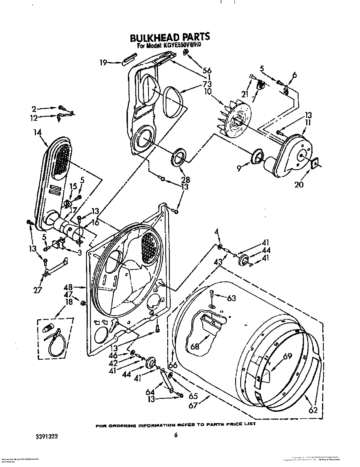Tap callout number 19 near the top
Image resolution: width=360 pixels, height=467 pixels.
pos(103,63)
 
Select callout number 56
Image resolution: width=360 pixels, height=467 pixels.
pos(207,70)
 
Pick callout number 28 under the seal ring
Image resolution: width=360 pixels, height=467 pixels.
pos(186,179)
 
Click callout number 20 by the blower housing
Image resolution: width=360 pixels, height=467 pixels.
pos(299,184)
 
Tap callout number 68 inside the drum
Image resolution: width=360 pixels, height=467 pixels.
pos(195,346)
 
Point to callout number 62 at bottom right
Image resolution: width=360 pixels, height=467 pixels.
pos(313,410)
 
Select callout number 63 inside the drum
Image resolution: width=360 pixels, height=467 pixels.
pos(231,298)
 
